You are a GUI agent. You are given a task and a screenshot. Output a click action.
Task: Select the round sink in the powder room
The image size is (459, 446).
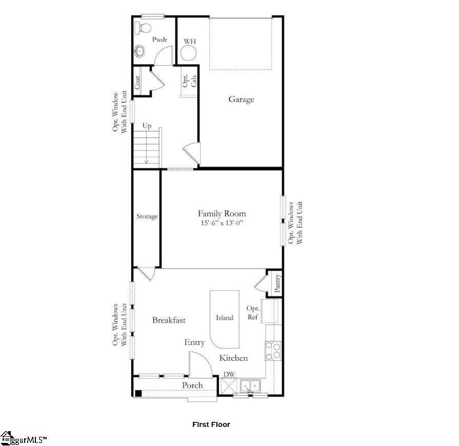point(139,50)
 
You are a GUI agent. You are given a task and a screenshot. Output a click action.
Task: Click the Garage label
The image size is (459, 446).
point(241,100)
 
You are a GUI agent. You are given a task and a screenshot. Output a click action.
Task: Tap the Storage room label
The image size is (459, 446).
point(147,217)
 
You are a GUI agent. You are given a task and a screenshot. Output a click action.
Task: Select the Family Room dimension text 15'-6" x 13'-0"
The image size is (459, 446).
point(222,223)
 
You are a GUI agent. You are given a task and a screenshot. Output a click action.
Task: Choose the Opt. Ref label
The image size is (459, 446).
point(253,313)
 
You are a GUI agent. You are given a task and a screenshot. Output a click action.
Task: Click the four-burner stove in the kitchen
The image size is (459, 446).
point(273,350)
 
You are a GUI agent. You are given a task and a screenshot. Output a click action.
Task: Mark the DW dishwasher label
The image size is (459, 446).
point(229,375)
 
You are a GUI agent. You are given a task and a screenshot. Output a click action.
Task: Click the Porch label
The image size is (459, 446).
point(192,385)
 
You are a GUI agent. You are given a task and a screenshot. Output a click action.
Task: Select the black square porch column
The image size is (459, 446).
point(138,393)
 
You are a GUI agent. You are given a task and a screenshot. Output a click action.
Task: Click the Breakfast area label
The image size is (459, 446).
point(169,320)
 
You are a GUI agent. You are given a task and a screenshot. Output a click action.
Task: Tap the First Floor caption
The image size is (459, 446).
point(211,424)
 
